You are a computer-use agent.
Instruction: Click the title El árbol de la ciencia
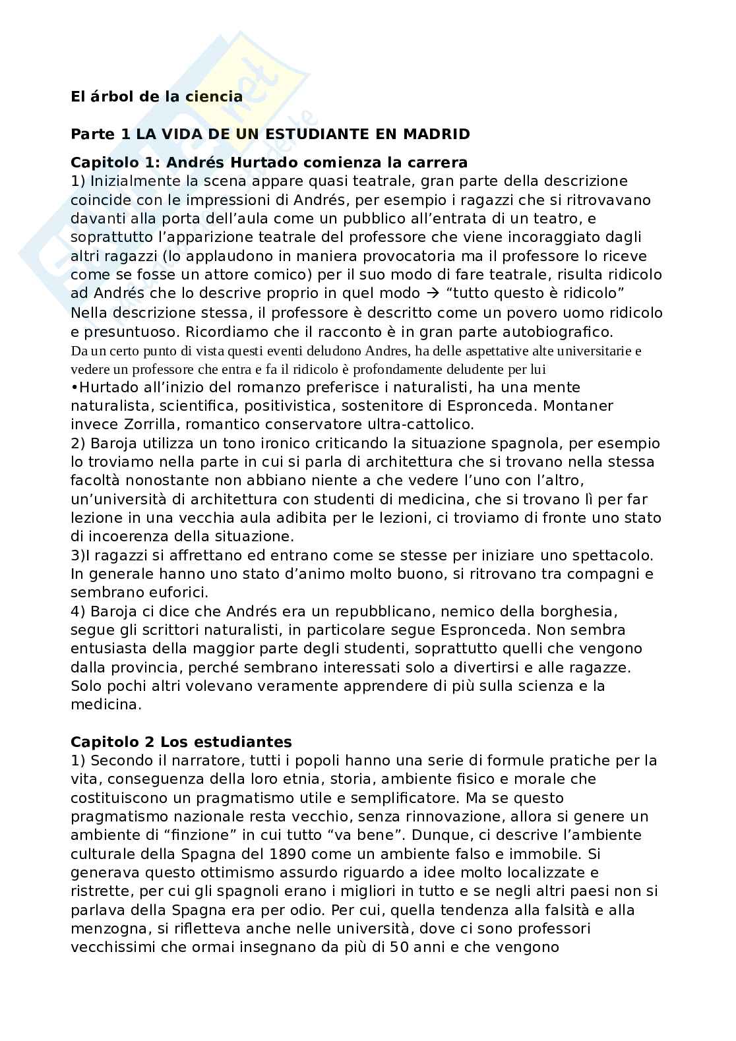click(x=156, y=96)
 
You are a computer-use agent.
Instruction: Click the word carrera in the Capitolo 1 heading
click(x=438, y=162)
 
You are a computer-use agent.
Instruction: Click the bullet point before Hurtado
click(x=73, y=387)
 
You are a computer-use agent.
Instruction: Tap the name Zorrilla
click(x=138, y=423)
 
